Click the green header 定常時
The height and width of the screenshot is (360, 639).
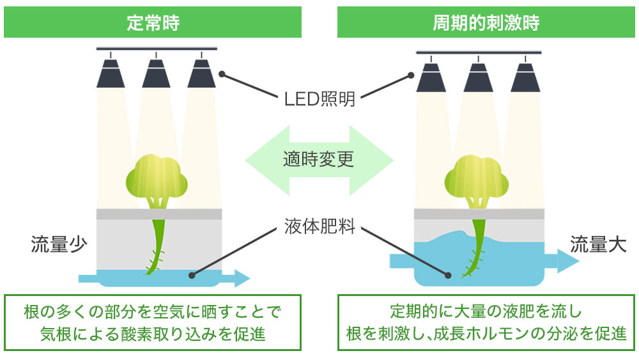[x=153, y=23]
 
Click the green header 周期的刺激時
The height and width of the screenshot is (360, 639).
[x=486, y=23]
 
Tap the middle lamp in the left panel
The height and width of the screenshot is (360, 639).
[x=157, y=74]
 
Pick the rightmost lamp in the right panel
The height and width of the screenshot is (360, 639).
[x=525, y=76]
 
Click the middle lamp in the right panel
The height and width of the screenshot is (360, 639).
[x=479, y=76]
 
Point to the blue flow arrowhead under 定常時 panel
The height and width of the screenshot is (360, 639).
[x=241, y=278]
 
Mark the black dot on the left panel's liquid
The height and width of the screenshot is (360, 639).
[x=191, y=276]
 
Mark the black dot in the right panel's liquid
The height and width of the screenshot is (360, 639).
[x=448, y=276]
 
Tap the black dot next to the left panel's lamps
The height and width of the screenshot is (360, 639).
[x=222, y=74]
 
